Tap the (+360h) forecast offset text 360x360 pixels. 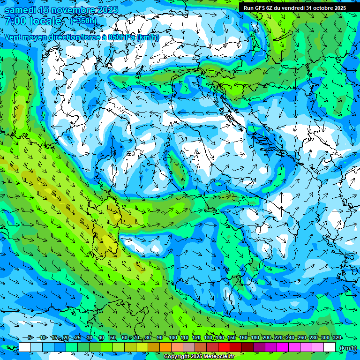pos(83,21)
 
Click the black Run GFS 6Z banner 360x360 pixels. pos(294,7)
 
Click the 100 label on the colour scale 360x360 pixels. pos(172,337)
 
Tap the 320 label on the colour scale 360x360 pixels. pos(337,337)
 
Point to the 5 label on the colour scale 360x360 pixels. pos(30,337)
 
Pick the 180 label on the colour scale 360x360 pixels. pos(255,337)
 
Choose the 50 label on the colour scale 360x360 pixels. pos(113,337)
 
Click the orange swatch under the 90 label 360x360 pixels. pos(165,347)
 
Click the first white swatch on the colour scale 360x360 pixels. pos(25,347)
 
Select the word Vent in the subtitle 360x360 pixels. pos(13,37)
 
